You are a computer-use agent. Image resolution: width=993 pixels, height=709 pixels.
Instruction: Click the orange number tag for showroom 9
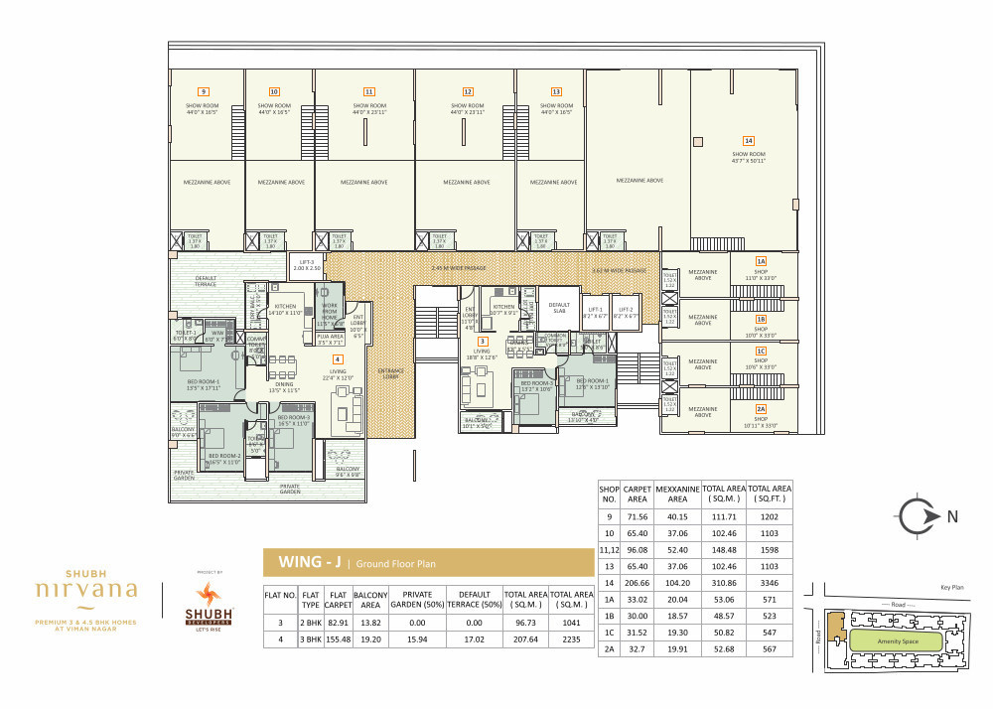click(x=203, y=91)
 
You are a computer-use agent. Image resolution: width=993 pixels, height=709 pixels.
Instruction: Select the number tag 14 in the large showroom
click(x=749, y=140)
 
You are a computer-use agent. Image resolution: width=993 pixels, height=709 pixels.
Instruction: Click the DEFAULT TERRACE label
click(x=206, y=280)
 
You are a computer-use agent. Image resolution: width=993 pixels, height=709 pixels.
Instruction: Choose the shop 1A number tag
click(x=761, y=260)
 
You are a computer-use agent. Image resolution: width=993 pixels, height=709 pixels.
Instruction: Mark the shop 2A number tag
click(x=761, y=409)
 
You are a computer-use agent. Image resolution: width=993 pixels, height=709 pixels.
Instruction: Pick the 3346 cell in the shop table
click(x=769, y=581)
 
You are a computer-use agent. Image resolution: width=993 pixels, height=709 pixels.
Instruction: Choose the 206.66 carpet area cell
click(x=637, y=581)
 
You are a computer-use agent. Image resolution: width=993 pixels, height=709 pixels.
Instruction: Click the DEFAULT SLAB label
click(x=560, y=308)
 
